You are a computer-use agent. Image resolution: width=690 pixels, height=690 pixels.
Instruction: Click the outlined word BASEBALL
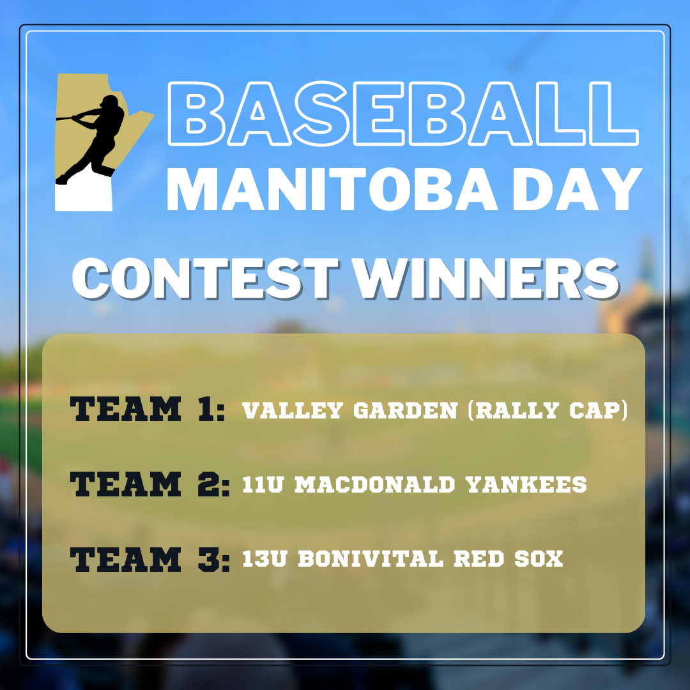(x=403, y=114)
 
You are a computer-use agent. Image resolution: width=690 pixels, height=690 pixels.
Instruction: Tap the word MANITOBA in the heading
(x=332, y=190)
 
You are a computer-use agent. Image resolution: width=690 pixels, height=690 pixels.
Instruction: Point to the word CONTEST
(x=205, y=279)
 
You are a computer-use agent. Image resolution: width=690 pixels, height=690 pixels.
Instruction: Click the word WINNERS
(x=486, y=279)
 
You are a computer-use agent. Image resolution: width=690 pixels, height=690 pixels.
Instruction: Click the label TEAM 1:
(x=148, y=409)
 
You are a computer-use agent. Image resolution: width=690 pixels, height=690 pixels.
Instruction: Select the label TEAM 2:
(x=150, y=484)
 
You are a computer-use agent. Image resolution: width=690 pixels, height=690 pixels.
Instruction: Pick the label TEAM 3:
(x=150, y=559)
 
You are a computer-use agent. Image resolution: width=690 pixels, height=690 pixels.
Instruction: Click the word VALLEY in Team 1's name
(x=293, y=411)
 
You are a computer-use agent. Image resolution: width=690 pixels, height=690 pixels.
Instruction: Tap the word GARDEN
(x=406, y=411)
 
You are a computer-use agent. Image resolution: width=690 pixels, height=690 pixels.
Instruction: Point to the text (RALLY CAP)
(x=548, y=410)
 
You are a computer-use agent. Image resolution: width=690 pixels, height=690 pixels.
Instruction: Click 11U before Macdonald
(x=263, y=484)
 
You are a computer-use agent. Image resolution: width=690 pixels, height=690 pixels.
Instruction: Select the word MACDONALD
(x=374, y=484)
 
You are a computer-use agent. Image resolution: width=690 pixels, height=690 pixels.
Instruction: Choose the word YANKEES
(x=526, y=484)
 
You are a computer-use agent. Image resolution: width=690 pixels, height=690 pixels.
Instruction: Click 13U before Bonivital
(x=264, y=559)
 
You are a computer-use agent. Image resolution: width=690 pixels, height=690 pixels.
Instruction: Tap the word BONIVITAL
(x=371, y=559)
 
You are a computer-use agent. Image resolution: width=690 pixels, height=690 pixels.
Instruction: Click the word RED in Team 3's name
(x=479, y=559)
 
